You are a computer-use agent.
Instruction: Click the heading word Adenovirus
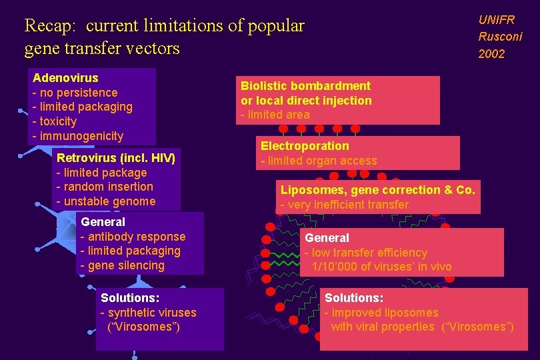click(65, 78)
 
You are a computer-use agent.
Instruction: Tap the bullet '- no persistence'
click(75, 93)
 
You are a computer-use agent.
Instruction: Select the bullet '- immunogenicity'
click(77, 136)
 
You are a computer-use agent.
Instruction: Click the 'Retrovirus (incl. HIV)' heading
click(116, 158)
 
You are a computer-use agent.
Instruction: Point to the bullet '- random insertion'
click(105, 187)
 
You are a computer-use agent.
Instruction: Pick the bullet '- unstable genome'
click(105, 201)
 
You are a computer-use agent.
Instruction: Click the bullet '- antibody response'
click(133, 237)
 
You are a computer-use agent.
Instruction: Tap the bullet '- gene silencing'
click(122, 265)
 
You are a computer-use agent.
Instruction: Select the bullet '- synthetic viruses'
click(148, 313)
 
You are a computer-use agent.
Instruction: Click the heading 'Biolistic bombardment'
click(305, 86)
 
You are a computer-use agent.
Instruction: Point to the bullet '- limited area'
click(275, 115)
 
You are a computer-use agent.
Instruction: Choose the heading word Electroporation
click(305, 146)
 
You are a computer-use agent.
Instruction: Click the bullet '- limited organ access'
click(319, 161)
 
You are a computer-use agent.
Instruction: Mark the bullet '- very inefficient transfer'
click(344, 205)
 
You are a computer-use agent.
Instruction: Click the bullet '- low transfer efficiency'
click(365, 253)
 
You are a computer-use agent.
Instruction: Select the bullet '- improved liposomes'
click(381, 313)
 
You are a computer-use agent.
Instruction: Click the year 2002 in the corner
click(491, 54)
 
